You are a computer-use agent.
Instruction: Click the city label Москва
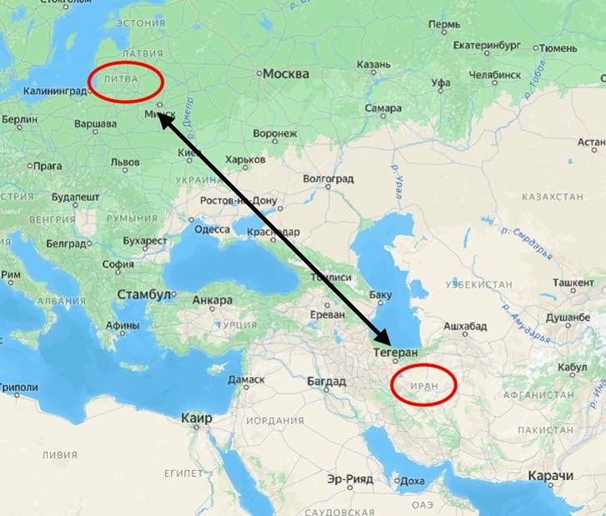[x=286, y=74]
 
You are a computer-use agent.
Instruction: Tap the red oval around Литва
[x=125, y=82]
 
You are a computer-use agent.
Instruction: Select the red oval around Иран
[x=424, y=385]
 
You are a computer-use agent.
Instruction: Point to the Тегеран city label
[x=395, y=353]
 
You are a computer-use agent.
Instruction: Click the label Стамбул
[x=143, y=295]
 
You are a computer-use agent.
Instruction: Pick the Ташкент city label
[x=573, y=283]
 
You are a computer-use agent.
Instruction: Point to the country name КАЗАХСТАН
[x=552, y=197]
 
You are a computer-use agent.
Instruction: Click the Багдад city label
[x=326, y=382]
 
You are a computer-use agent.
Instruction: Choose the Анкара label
[x=213, y=300]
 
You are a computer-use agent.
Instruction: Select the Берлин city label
[x=19, y=120]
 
